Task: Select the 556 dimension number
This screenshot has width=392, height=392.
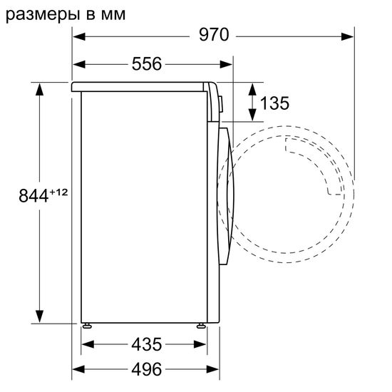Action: [x=146, y=64]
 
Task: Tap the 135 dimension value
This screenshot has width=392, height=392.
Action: [x=274, y=103]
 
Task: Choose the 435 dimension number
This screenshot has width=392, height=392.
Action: [x=145, y=344]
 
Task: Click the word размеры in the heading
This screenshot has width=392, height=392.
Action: [x=38, y=13]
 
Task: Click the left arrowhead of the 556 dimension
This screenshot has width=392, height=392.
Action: [x=80, y=64]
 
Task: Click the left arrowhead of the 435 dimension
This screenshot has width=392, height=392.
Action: [x=88, y=344]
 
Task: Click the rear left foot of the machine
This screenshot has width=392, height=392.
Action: [x=88, y=325]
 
